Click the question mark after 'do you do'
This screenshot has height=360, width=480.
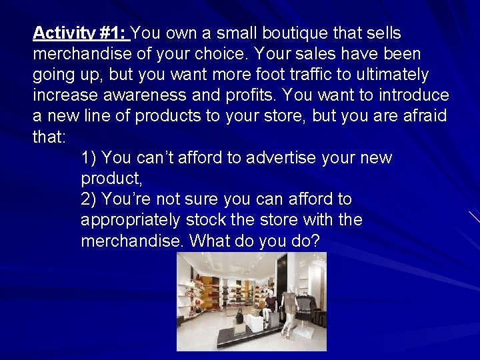click(x=315, y=240)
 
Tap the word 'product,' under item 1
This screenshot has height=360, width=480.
click(x=111, y=179)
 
